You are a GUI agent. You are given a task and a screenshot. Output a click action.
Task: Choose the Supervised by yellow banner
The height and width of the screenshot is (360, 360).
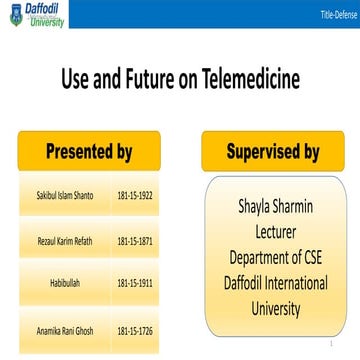272,151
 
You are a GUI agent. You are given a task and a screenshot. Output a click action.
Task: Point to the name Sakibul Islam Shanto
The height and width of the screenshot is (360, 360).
57,196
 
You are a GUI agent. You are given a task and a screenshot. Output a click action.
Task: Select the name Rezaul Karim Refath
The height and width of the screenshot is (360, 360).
57,241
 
